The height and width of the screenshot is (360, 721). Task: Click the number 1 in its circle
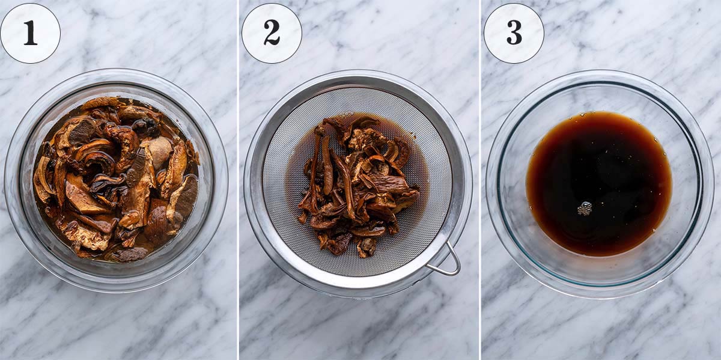point(30,33)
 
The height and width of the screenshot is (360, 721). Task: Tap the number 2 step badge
point(272,33)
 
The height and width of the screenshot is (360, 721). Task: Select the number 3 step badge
point(514,33)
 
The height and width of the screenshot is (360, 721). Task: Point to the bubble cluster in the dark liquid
point(584,209)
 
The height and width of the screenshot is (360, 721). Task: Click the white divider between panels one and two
point(238,180)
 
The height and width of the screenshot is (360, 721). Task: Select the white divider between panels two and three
point(480,180)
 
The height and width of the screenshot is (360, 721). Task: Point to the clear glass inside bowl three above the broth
point(601,96)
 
